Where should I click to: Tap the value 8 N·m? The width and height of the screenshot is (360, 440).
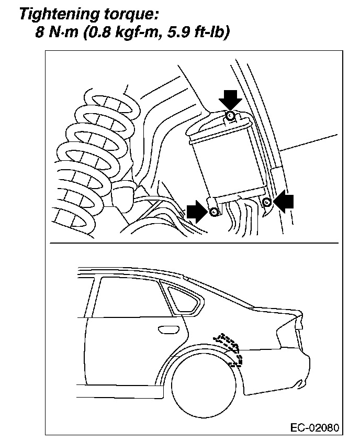coord(57,32)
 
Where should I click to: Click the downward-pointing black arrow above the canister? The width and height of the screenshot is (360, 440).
coord(230,98)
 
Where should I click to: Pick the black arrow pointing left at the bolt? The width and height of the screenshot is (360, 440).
coord(284,202)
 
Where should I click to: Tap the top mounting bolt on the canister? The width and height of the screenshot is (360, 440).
coord(230,115)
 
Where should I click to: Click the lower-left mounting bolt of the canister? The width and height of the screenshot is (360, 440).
coord(213,212)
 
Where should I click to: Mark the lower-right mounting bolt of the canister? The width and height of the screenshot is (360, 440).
coord(266,202)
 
